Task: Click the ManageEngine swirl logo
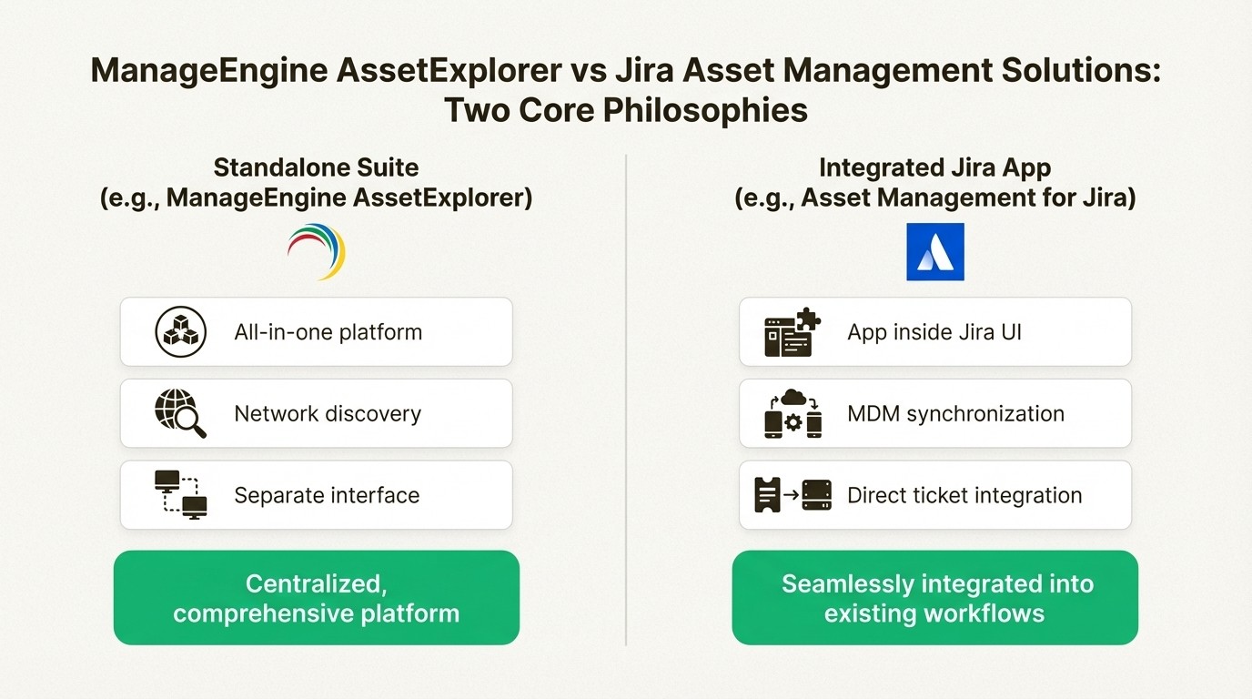[x=317, y=250]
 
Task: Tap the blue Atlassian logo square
[x=934, y=251]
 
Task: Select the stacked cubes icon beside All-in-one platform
[x=181, y=332]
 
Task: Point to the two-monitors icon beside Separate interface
[x=181, y=495]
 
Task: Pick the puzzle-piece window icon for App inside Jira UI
[x=792, y=332]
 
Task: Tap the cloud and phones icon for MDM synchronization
[x=792, y=414]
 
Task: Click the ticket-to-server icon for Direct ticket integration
[x=792, y=495]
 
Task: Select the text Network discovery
[x=328, y=414]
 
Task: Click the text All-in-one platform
[x=328, y=332]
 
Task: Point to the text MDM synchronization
[x=955, y=414]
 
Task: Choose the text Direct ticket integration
[x=964, y=495]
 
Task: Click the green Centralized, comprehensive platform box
[x=316, y=598]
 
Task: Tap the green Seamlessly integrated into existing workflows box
[x=934, y=598]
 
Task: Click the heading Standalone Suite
[x=316, y=167]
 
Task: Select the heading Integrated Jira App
[x=934, y=167]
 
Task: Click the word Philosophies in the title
[x=705, y=110]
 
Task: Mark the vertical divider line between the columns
[x=626, y=400]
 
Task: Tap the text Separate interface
[x=327, y=495]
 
